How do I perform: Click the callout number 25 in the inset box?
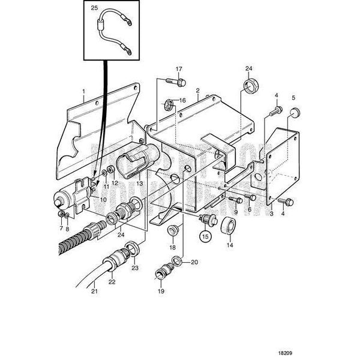(x=93, y=8)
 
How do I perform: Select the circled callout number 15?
(x=206, y=236)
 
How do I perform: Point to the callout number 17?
(x=178, y=68)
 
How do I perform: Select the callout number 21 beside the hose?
(x=94, y=292)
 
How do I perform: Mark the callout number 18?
(x=172, y=247)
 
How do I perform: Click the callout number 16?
(x=183, y=101)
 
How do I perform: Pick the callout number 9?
(x=236, y=212)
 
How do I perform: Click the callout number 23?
(x=135, y=269)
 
